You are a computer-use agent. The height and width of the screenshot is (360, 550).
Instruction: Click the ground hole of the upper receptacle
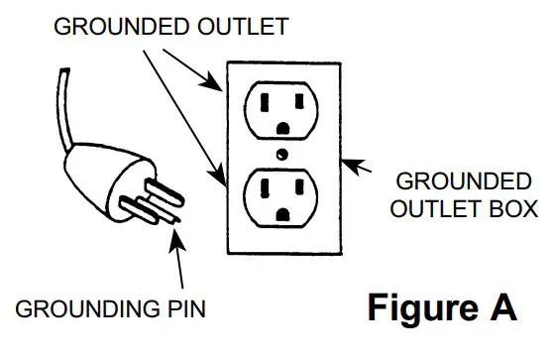[x=285, y=127]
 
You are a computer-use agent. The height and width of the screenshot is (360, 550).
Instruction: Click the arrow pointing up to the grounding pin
[x=178, y=258]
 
